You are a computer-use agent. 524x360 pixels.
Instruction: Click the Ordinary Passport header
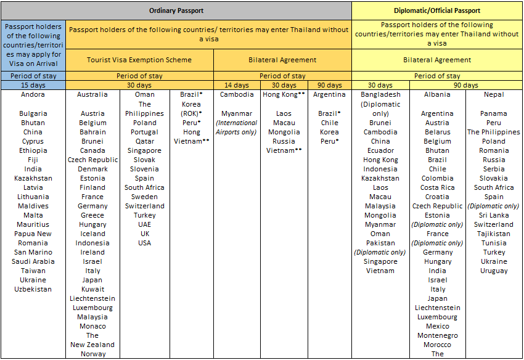click(176, 10)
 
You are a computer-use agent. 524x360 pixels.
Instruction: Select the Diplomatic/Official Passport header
click(436, 10)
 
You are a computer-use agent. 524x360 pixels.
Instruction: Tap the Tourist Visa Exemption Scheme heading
click(139, 60)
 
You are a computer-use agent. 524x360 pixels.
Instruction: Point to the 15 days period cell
click(33, 85)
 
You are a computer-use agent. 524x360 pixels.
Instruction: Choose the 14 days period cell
click(237, 85)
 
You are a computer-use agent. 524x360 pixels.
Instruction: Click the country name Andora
click(33, 95)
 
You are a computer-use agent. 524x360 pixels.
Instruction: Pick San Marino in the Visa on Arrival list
click(33, 252)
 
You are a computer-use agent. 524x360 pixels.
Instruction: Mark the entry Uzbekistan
click(33, 289)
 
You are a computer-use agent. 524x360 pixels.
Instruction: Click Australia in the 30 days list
click(92, 95)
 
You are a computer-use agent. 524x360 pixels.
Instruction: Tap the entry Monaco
click(92, 326)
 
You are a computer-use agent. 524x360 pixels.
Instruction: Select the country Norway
click(92, 354)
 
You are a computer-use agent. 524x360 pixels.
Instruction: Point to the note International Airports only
click(237, 128)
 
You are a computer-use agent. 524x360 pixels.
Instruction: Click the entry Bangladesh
click(380, 95)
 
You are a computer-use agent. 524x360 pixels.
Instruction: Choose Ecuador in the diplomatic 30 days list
click(380, 150)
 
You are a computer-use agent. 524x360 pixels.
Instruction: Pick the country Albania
click(437, 95)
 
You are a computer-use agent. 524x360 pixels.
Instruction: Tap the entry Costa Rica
click(437, 187)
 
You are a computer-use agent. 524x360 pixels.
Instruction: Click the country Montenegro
click(437, 335)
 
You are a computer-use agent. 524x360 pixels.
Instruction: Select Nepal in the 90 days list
click(494, 95)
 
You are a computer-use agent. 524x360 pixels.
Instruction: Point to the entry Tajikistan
click(494, 234)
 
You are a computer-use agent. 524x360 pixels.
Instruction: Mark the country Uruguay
click(494, 271)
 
